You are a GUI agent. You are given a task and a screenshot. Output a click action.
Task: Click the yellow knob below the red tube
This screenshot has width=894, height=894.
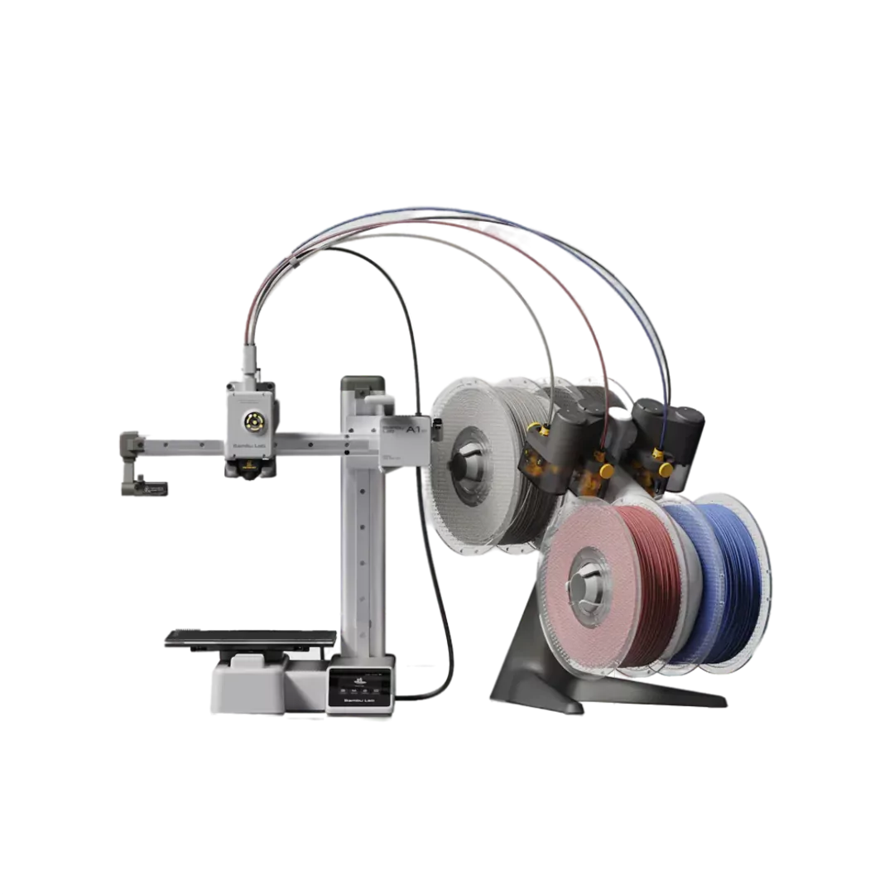click(x=607, y=471)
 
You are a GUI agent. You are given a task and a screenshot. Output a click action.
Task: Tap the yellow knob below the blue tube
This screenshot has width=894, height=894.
click(x=660, y=454)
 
